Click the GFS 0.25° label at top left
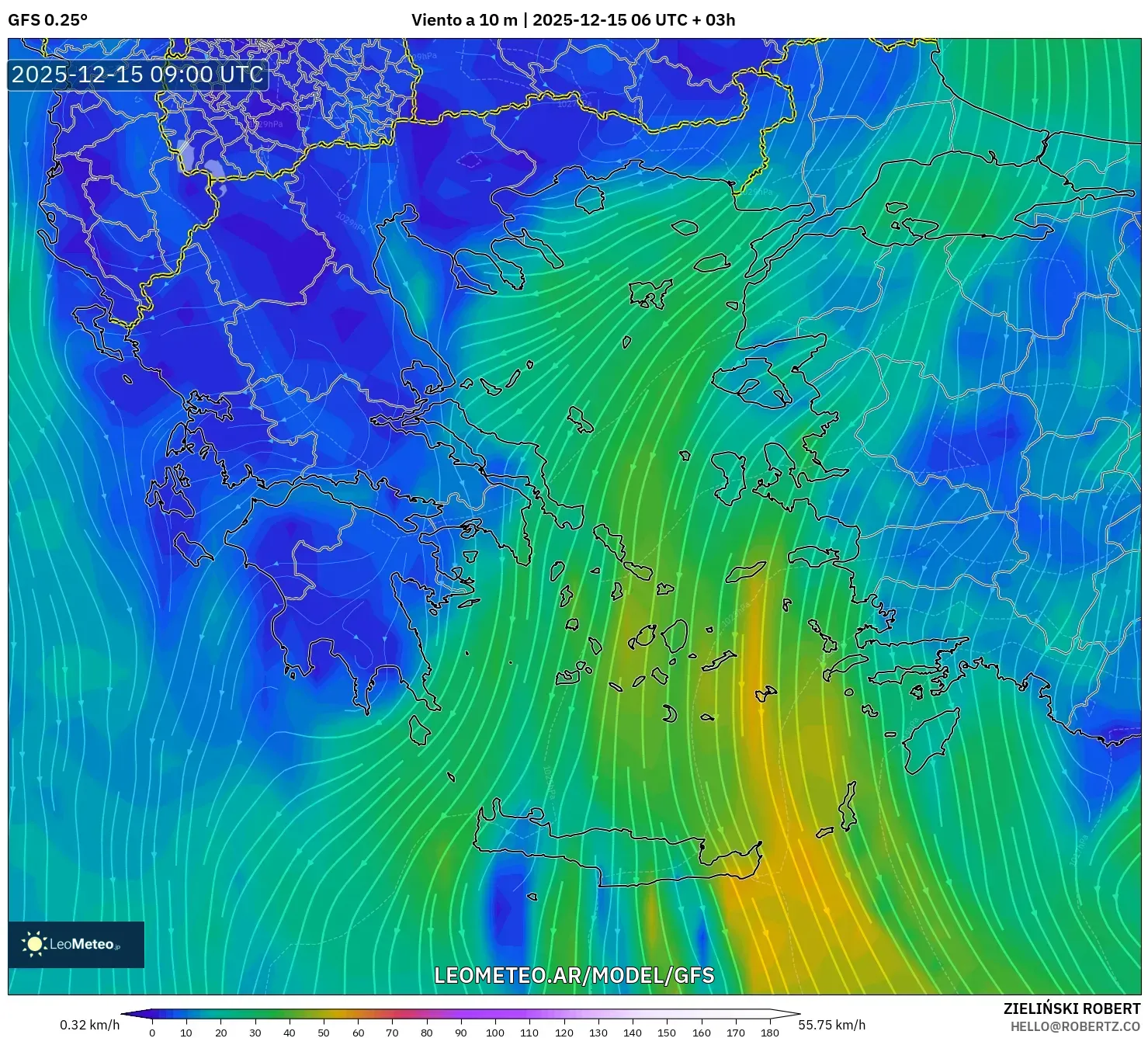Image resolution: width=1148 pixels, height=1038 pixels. click(47, 20)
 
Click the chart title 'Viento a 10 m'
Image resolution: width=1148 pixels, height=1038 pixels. click(463, 20)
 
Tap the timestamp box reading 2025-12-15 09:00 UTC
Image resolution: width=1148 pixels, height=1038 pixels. click(137, 75)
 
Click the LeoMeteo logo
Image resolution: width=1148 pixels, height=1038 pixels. click(75, 944)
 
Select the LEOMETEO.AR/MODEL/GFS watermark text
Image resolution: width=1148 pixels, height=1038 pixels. click(574, 975)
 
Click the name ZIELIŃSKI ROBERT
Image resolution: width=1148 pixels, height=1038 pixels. click(1071, 1008)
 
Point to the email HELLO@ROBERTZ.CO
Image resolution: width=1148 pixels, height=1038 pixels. click(1075, 1026)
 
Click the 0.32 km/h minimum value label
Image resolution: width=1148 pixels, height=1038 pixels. click(89, 1025)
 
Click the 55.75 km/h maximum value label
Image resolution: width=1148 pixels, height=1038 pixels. click(831, 1025)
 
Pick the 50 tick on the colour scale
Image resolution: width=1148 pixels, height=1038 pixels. click(324, 1033)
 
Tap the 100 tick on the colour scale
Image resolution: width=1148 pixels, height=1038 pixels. click(495, 1033)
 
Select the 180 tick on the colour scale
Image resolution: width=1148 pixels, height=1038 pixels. click(769, 1033)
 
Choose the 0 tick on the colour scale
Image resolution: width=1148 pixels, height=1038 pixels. click(152, 1033)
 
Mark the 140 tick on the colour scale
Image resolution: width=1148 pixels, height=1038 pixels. click(633, 1033)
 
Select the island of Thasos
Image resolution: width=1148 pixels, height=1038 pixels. click(590, 197)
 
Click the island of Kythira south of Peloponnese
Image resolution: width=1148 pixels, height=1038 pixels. click(419, 730)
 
